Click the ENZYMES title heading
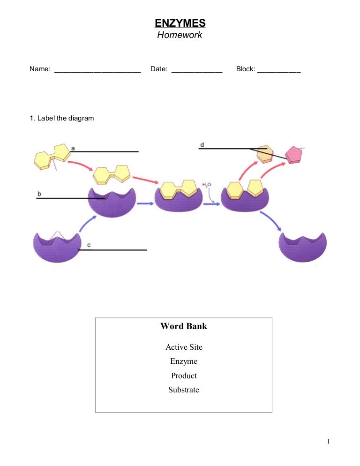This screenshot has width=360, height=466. pos(180,23)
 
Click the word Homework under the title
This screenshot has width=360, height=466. pos(180,35)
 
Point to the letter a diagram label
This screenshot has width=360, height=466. pos(73,148)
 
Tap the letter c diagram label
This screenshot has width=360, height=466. pos(89,245)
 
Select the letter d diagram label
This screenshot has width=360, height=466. pos(202,145)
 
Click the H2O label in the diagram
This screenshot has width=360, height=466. pos(207,185)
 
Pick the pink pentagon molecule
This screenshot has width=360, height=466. pos(294,154)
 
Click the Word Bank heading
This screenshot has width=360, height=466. pos(184,326)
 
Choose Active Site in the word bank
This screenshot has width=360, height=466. pos(184,347)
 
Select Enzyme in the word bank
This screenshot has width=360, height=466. pos(184,361)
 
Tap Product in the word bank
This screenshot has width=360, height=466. pos(184,376)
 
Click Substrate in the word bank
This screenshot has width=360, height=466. pos(184,390)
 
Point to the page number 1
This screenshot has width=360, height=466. pos(329,441)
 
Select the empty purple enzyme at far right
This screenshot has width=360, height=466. pos(302,247)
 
